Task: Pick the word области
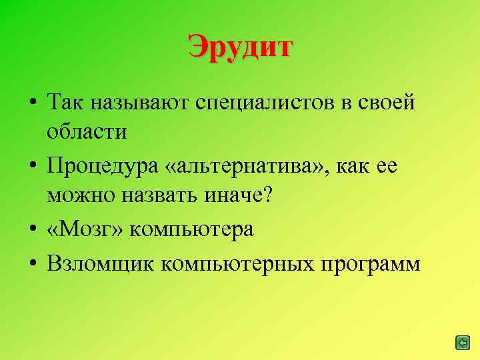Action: click(x=87, y=131)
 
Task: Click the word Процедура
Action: click(x=100, y=165)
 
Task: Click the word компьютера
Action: click(x=192, y=230)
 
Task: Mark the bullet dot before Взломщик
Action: click(x=32, y=264)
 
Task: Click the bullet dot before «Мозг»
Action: click(x=32, y=229)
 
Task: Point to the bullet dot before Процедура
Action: click(x=32, y=165)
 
